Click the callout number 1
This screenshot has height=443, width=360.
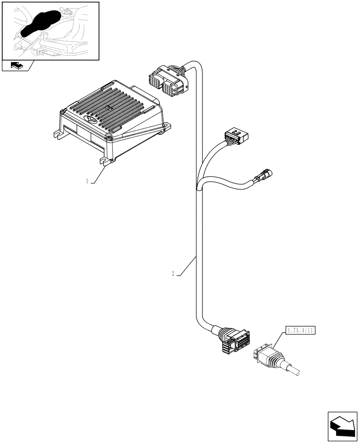88,181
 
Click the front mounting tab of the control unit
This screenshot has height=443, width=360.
107,163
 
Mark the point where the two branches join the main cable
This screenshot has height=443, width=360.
197,188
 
